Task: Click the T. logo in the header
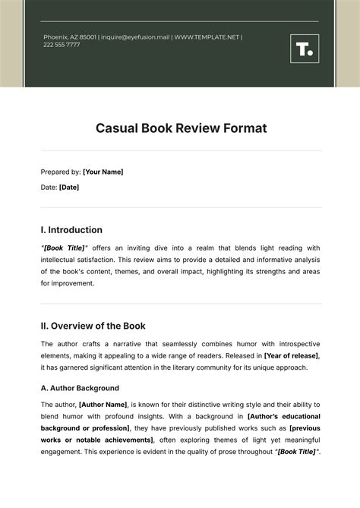click(304, 49)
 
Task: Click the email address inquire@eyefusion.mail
click(134, 36)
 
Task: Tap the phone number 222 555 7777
click(62, 45)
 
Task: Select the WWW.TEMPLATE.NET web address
click(207, 36)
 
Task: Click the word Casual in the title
click(117, 128)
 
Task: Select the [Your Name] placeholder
click(103, 172)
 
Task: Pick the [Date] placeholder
click(69, 187)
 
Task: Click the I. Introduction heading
click(71, 230)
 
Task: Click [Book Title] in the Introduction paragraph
click(65, 248)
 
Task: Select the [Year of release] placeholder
click(292, 355)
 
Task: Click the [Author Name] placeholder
click(108, 405)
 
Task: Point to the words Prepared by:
click(60, 172)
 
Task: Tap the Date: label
click(49, 187)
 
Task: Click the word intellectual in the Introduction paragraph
click(61, 260)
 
